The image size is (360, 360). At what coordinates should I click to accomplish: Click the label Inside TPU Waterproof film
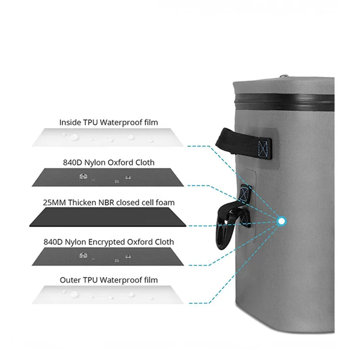(x=108, y=122)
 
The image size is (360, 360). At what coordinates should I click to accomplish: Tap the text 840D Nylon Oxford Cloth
(x=108, y=162)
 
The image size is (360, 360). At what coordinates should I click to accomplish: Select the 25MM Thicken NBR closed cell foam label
(x=108, y=202)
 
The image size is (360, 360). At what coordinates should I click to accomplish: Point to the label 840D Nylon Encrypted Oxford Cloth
(x=108, y=242)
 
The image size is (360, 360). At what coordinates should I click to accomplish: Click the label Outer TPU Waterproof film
(x=108, y=280)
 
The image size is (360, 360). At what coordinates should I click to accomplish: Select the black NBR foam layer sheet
(x=108, y=218)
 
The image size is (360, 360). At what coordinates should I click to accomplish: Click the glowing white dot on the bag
(x=282, y=221)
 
